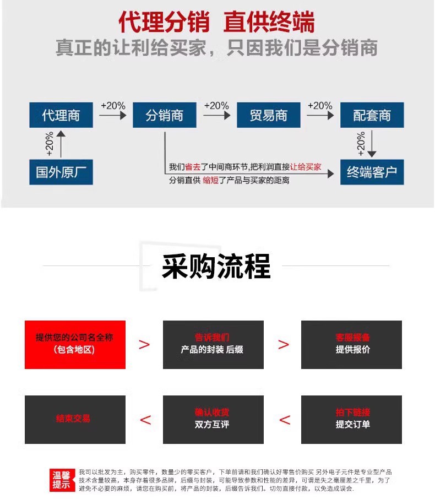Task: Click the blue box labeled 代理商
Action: (x=61, y=115)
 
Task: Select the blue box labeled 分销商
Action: (x=164, y=115)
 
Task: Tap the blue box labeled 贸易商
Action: (x=268, y=115)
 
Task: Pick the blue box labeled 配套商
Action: (x=372, y=115)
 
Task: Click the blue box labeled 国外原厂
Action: (x=61, y=172)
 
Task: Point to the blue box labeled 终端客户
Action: (x=372, y=172)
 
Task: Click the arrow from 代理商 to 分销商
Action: (x=113, y=116)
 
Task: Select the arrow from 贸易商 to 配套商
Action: (x=320, y=116)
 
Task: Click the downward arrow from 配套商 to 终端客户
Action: (x=372, y=144)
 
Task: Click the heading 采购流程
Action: (x=216, y=267)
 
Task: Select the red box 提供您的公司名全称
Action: (x=75, y=344)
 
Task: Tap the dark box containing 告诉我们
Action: (x=213, y=344)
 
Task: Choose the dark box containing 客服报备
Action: (x=351, y=344)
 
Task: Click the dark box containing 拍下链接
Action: (x=351, y=419)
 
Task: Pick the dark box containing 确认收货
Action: (x=213, y=419)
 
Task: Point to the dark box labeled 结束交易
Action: (x=75, y=419)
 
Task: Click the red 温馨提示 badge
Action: (x=61, y=480)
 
